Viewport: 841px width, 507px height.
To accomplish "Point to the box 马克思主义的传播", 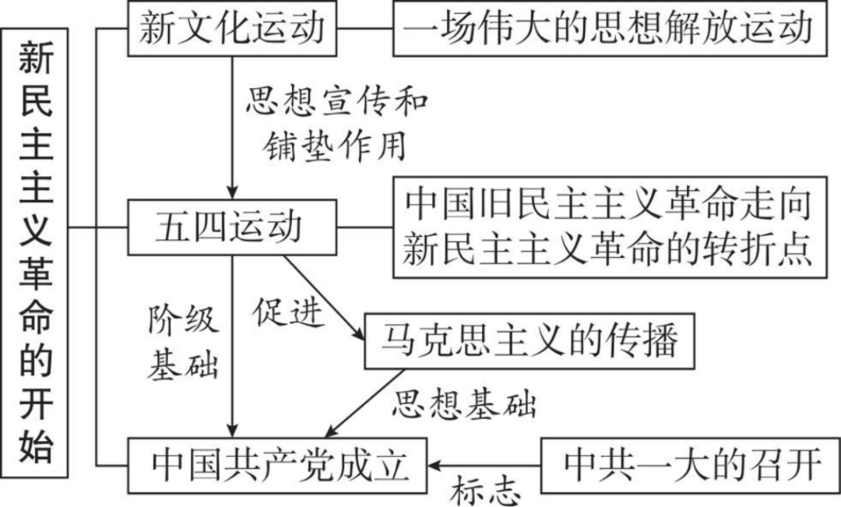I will click(530, 341).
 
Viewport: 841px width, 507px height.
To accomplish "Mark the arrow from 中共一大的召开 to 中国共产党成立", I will click(483, 465).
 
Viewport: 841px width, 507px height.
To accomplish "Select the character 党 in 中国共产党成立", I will click(318, 465).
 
